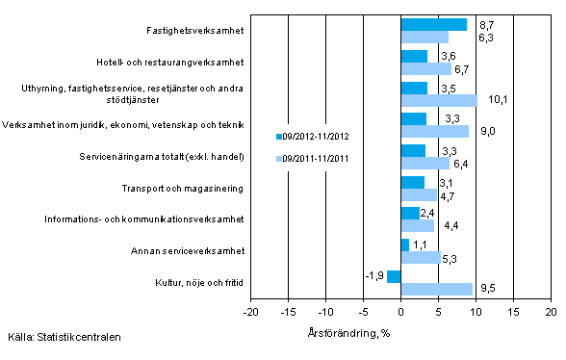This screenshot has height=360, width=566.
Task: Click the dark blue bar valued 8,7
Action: pos(433,24)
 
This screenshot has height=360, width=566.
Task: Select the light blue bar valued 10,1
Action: pos(439,100)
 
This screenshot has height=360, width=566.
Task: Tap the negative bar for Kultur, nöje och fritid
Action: pos(394,276)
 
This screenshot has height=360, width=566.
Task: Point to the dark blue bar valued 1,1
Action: pos(405,244)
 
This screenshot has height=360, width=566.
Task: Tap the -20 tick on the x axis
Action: pos(250,314)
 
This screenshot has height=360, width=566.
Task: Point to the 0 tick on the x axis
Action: pos(401,314)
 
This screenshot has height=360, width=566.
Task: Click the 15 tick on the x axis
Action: pos(514,314)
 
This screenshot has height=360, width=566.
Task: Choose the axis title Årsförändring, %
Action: pos(401,333)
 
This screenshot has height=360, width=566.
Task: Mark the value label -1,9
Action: pos(374,275)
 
